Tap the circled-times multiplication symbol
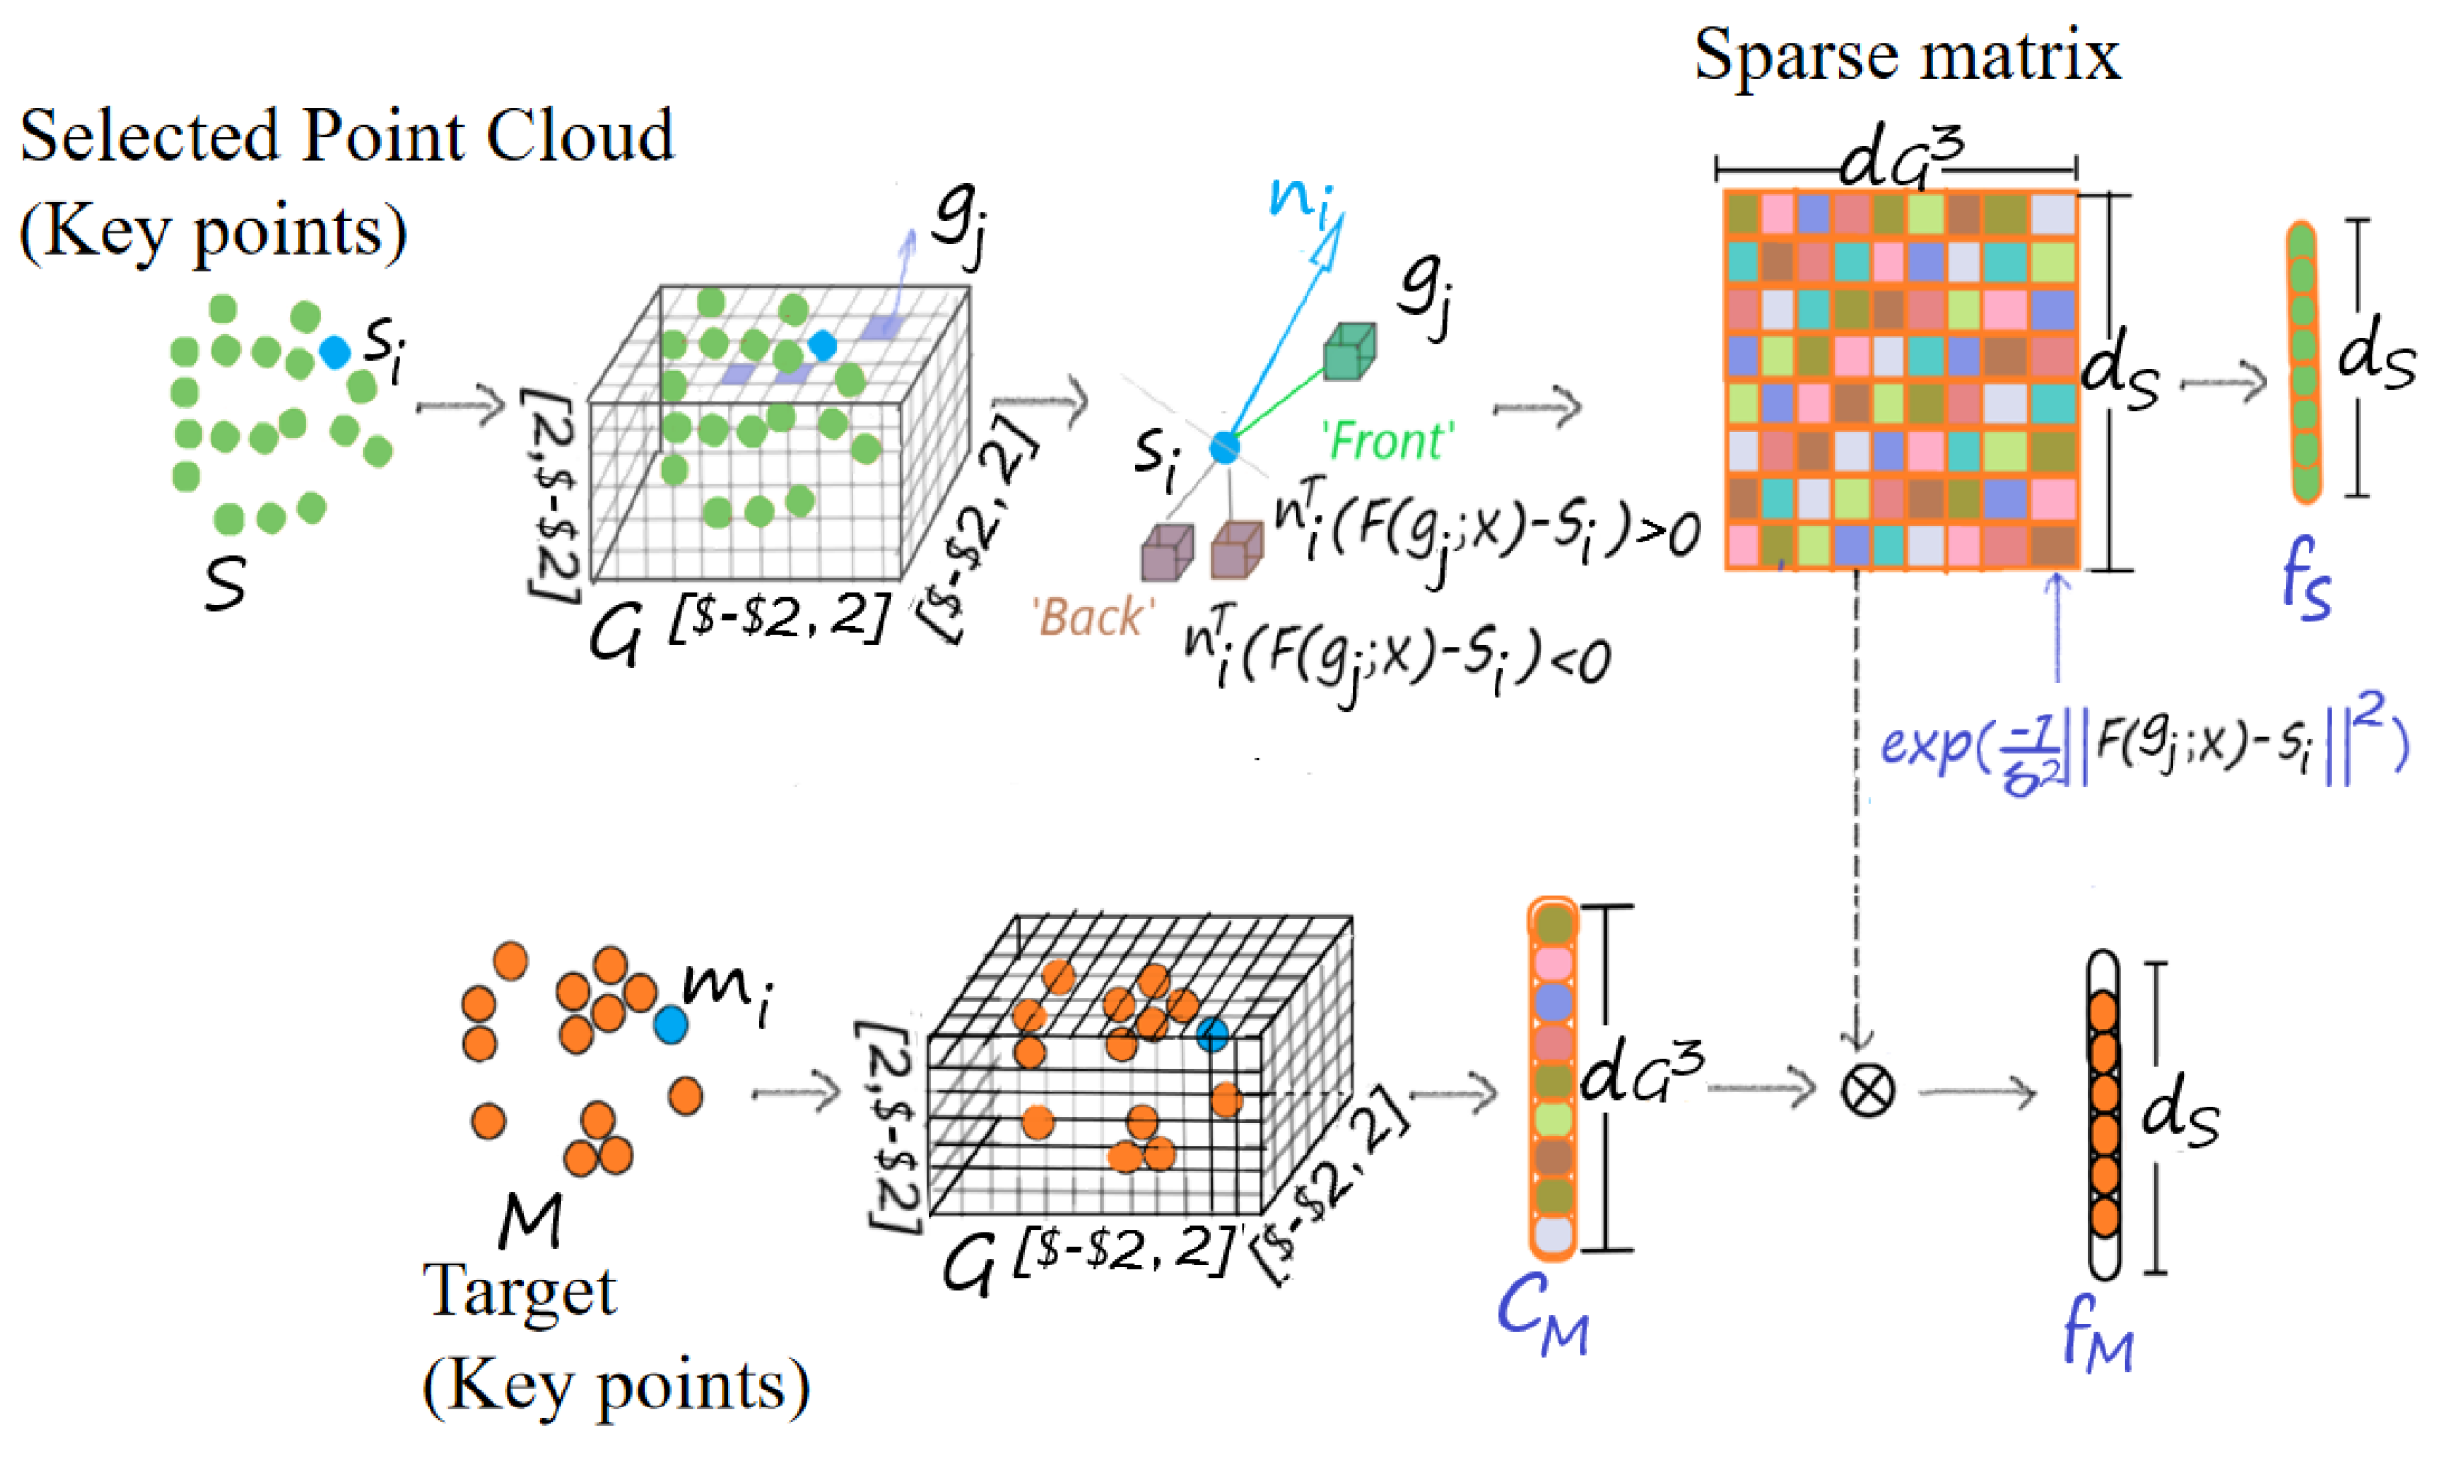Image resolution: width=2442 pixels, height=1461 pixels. (x=1866, y=1091)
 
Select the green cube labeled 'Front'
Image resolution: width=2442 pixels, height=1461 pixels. (x=1349, y=352)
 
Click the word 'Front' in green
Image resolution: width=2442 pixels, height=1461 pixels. (x=1387, y=441)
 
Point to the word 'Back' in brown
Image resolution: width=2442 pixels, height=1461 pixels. (x=1090, y=619)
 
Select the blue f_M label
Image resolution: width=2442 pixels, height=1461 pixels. (x=2096, y=1341)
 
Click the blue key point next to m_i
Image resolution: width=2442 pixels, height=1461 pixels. (x=671, y=1025)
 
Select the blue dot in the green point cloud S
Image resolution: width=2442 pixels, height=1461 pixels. (x=335, y=352)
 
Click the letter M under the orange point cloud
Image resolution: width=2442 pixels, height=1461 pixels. (x=530, y=1220)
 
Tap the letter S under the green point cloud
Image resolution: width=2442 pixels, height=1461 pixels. (x=226, y=584)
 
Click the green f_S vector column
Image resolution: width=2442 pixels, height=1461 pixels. (x=2302, y=362)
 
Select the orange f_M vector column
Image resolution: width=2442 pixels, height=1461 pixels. (x=2104, y=1114)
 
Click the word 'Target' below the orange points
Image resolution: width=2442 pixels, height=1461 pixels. (x=520, y=1292)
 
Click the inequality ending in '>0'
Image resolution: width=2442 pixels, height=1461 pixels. (x=1486, y=537)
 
